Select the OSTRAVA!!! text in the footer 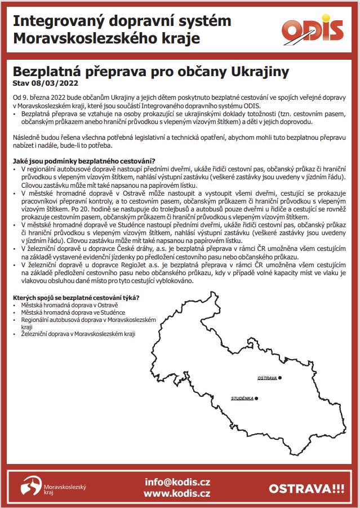(306, 488)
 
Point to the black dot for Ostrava (279, 377)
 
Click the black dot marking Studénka (256, 399)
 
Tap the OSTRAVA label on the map (266, 377)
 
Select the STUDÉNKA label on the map (242, 399)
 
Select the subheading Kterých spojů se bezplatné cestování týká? (76, 298)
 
